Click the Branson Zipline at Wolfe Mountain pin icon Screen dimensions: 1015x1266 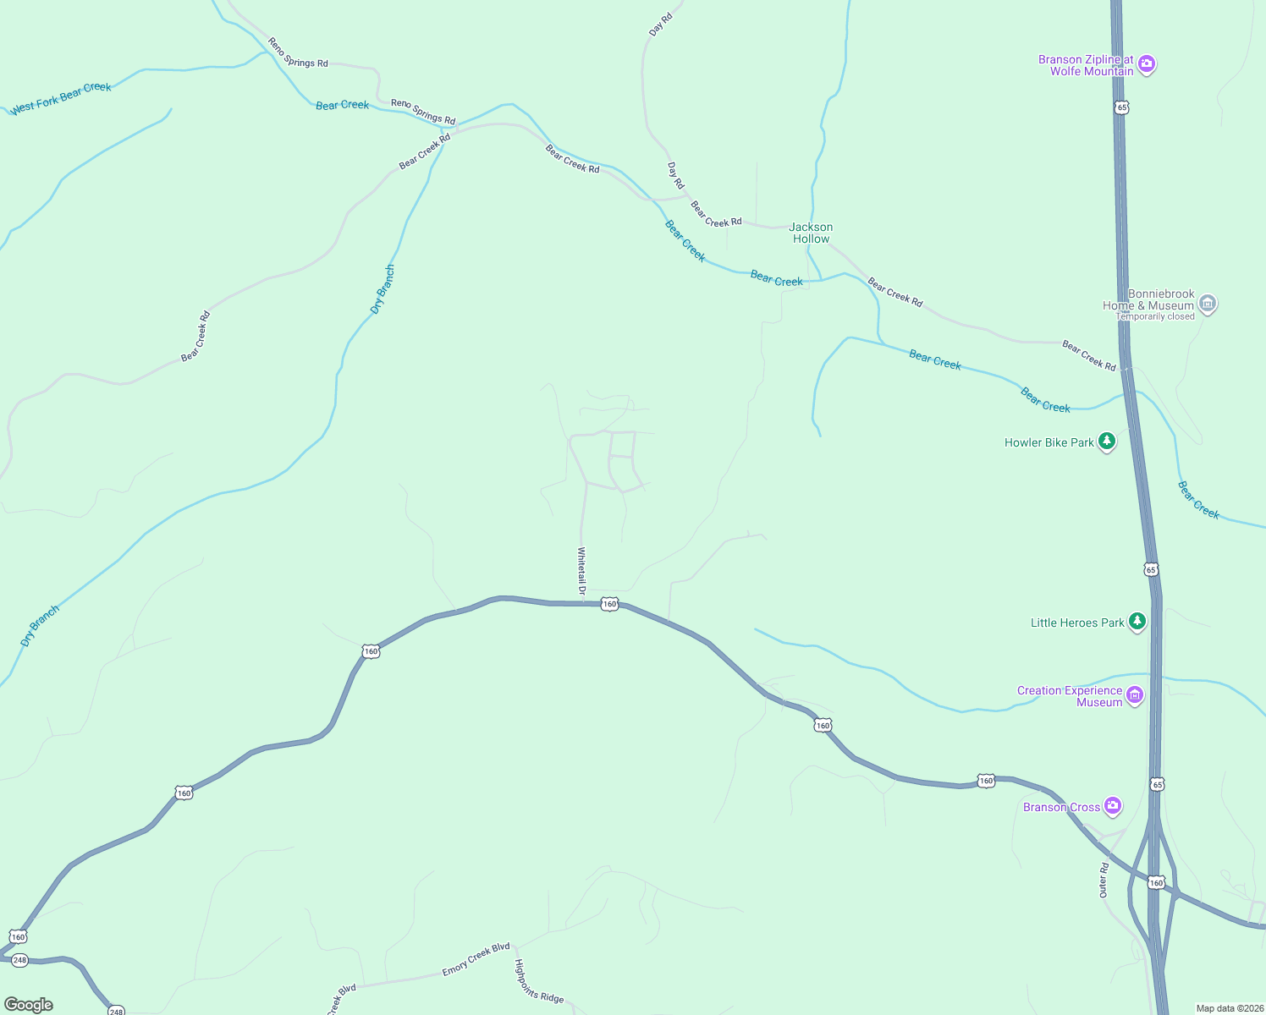(1147, 64)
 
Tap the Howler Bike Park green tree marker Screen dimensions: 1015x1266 (1106, 442)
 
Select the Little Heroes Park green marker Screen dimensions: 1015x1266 (1137, 622)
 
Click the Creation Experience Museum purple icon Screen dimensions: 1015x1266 (1135, 695)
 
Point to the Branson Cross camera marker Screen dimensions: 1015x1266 (1113, 806)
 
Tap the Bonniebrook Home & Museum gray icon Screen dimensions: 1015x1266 (1208, 303)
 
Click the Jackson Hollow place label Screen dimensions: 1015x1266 (811, 233)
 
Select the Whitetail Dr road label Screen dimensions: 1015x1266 (581, 571)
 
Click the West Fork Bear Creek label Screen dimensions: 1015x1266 (61, 97)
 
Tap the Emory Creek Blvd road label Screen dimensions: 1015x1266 (476, 960)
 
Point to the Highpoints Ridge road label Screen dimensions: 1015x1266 (539, 981)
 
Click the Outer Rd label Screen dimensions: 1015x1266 (1104, 881)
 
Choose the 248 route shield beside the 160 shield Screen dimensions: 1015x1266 (20, 960)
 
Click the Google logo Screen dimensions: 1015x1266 (29, 1004)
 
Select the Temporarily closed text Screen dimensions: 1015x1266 (1156, 317)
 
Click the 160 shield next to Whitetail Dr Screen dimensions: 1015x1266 (609, 604)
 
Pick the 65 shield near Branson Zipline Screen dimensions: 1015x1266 (1122, 107)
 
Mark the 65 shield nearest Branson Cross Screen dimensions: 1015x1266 (1157, 785)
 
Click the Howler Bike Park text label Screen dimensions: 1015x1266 (1049, 442)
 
